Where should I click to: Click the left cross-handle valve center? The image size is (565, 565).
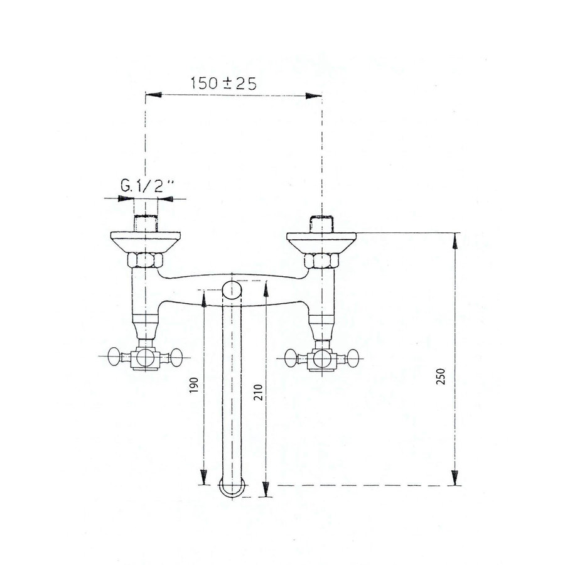145,359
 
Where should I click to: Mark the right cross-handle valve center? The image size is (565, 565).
322,359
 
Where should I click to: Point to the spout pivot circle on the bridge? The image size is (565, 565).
233,291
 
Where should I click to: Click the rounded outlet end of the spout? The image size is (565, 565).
233,488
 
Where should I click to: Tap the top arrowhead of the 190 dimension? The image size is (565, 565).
204,298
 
